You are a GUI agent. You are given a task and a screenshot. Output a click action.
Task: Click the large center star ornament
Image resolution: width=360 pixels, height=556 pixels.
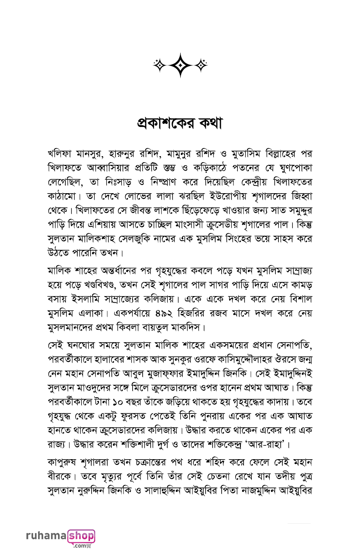(180, 65)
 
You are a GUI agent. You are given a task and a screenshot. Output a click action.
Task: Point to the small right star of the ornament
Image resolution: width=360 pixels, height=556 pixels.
(201, 65)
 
